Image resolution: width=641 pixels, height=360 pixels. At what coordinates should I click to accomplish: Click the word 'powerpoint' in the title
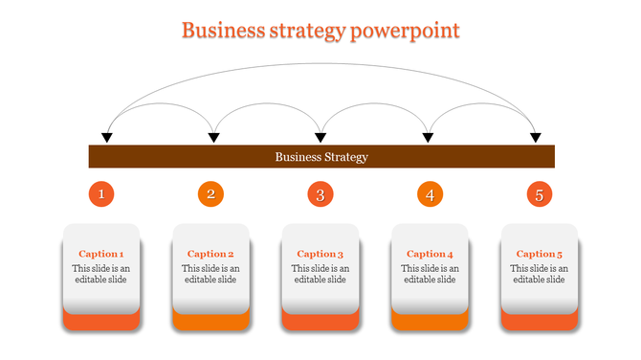coord(406,31)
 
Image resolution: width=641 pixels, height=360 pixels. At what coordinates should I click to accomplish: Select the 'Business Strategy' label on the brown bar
coord(321,157)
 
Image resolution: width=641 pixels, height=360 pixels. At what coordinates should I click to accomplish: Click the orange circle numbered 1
coord(102,195)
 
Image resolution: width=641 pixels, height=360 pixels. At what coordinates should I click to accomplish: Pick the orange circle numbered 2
coord(211,195)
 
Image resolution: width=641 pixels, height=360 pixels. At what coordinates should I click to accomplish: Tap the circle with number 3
coord(320,195)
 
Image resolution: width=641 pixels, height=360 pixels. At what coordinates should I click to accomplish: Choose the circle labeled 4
coord(431,195)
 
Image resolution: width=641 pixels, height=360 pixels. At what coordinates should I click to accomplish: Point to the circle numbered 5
coord(540,195)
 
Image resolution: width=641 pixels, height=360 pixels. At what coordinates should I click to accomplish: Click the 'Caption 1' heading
coord(101,254)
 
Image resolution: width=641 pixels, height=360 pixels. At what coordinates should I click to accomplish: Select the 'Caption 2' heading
coord(210,254)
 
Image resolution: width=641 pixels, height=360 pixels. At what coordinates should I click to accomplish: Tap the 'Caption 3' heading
coord(320,254)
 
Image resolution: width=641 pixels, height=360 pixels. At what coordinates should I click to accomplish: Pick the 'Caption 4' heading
coord(430,254)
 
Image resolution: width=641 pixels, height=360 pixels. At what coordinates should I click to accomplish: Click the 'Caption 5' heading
coord(540,254)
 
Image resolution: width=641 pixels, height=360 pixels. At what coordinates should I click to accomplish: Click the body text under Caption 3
coord(320,274)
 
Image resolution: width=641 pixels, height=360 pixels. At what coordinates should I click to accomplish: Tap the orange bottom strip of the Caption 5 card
coord(540,322)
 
